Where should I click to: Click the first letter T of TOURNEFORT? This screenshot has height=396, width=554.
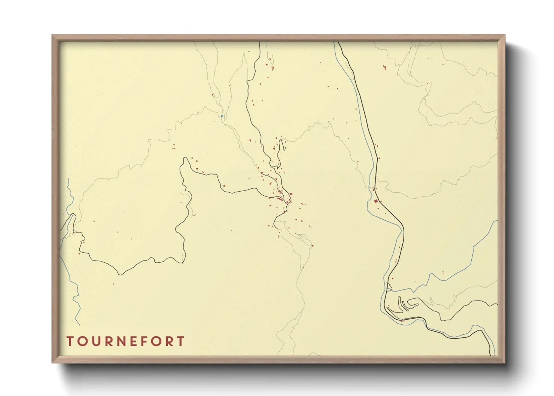(x=70, y=341)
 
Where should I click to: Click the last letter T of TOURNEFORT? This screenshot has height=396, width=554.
(x=181, y=341)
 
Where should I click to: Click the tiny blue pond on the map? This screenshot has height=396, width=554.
(x=222, y=116)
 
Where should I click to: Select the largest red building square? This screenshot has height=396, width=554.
(x=376, y=201)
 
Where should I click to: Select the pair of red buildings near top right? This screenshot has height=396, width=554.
(x=384, y=68)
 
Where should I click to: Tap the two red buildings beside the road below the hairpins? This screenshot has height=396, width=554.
(x=402, y=321)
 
